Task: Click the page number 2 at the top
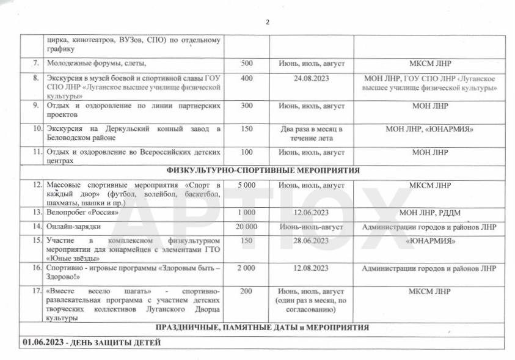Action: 267,23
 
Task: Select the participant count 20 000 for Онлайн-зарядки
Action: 246,227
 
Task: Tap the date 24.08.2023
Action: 311,79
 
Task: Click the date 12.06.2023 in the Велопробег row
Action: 311,213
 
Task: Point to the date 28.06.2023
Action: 311,241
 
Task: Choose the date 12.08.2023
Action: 311,268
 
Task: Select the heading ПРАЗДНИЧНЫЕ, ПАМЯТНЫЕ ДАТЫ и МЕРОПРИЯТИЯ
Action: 262,328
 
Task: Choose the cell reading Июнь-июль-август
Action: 311,227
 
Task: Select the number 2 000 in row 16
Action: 246,268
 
